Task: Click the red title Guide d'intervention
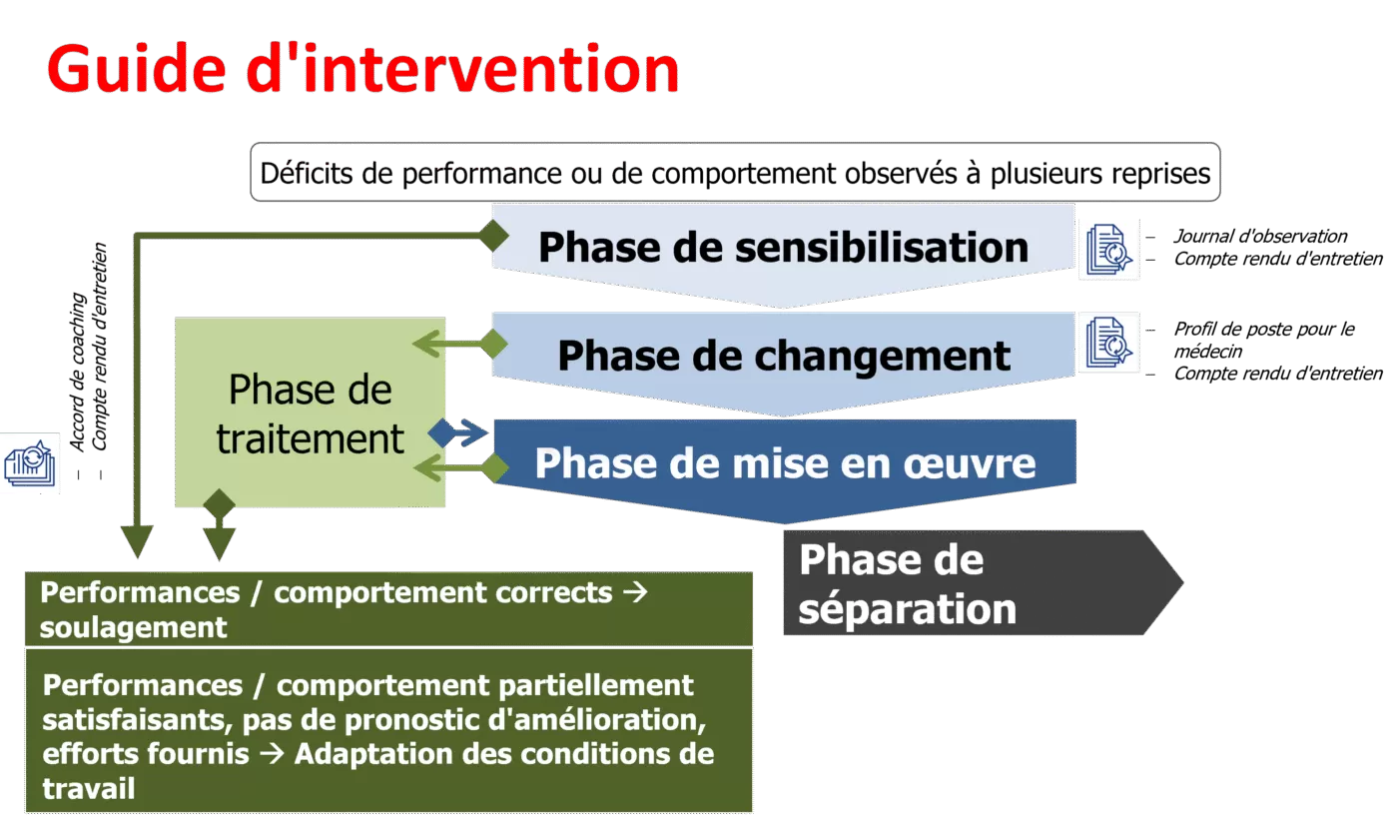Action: point(363,69)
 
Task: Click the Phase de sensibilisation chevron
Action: point(783,253)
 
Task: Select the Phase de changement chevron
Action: point(783,362)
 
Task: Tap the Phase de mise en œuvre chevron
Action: point(785,469)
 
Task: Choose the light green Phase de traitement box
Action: point(311,411)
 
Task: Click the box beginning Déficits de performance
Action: point(735,172)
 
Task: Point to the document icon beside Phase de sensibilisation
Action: point(1109,249)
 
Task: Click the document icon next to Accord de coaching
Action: point(29,463)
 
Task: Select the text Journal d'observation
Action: point(1260,236)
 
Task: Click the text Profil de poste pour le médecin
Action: point(1264,340)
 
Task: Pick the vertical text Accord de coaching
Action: point(77,372)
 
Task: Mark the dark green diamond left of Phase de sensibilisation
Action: point(494,236)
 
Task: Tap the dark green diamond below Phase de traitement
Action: point(219,504)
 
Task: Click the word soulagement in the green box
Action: point(133,627)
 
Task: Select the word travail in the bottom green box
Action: point(89,788)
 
